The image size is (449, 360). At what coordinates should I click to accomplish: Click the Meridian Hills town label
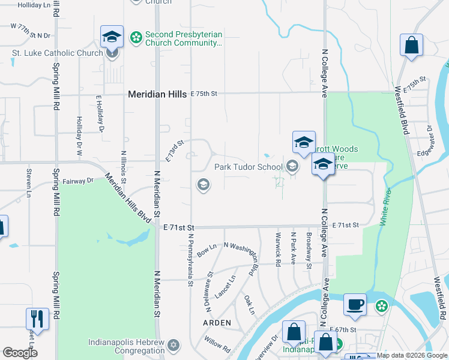[158, 94]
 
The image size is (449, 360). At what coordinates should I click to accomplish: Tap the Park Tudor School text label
[249, 167]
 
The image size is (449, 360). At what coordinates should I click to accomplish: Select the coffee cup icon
[355, 304]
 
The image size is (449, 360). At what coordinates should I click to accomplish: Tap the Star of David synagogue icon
[174, 345]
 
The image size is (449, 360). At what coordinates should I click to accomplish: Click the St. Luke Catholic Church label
[58, 53]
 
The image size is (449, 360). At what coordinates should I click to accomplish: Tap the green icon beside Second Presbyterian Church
[136, 37]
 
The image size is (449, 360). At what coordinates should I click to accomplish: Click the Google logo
[20, 353]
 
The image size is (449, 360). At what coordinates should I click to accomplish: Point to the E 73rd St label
[174, 150]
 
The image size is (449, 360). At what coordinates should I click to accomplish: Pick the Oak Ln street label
[249, 304]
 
